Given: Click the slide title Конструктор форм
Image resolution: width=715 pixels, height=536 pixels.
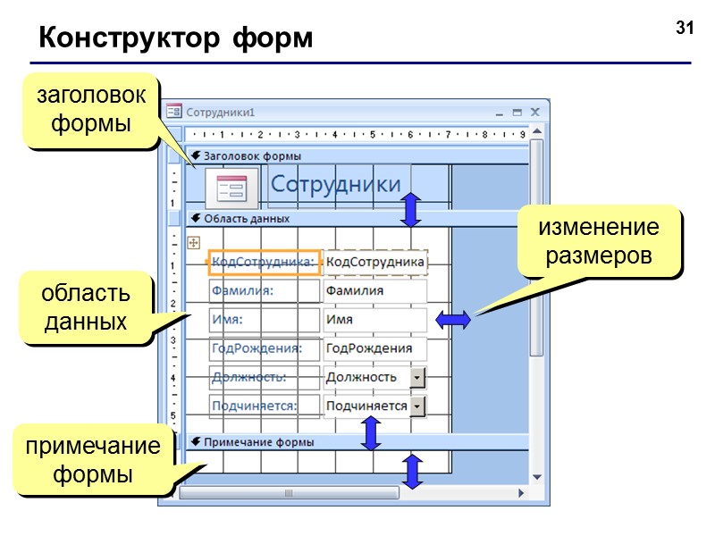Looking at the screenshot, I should [175, 39].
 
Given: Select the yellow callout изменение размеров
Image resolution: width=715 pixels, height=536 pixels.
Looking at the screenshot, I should [598, 241].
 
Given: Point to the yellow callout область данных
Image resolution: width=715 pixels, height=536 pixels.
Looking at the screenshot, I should [86, 306].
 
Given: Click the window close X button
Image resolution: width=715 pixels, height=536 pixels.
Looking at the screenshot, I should [534, 113].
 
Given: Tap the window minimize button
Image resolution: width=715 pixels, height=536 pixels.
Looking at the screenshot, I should [500, 113].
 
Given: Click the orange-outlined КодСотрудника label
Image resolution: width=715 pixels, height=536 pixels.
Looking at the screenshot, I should [264, 263].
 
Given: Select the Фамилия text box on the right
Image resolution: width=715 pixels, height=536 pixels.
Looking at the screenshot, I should [374, 290].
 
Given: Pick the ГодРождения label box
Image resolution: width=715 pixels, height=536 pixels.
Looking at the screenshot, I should [264, 348].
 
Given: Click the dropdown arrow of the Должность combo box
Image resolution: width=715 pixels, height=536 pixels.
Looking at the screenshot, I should [417, 377].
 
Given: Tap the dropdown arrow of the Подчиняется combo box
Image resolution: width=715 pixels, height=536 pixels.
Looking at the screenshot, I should [417, 406].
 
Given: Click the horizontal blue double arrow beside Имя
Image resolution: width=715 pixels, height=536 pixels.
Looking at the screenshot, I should [454, 320].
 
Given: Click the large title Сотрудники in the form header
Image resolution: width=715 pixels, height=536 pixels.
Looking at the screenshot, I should [335, 185].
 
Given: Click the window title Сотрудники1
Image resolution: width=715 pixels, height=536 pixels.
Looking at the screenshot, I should [221, 113].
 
